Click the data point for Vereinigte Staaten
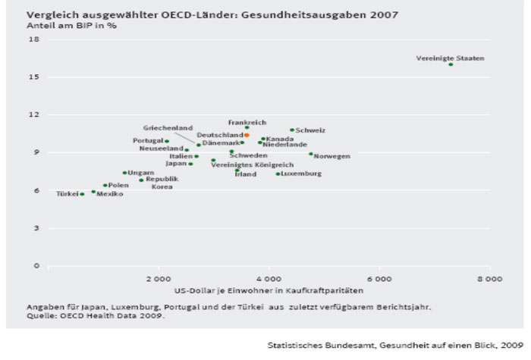[x=451, y=64]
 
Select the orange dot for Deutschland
[x=247, y=135]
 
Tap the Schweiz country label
[x=310, y=130]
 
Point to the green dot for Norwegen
[x=310, y=153]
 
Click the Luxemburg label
[x=301, y=174]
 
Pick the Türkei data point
[x=82, y=194]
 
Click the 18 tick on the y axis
[x=34, y=39]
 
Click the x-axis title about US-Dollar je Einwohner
[x=269, y=290]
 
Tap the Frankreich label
[x=247, y=121]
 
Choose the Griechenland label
[x=168, y=128]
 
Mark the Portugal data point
[x=167, y=141]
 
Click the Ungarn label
[x=141, y=173]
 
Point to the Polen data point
[x=105, y=185]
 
